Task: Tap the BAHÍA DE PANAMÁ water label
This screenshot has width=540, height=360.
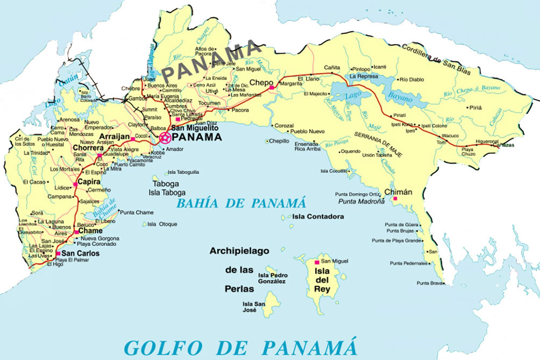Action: [241, 203]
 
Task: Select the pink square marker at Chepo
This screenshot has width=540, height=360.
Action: [272, 87]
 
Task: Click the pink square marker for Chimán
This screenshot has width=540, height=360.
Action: [395, 199]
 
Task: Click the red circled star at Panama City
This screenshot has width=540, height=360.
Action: [165, 137]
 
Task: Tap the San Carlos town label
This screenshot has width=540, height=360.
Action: [81, 253]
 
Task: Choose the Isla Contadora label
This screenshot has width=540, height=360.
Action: [318, 216]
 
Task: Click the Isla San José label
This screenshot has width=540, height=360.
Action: [254, 307]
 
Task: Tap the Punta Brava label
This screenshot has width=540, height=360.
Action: [429, 283]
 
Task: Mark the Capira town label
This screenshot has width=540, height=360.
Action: [89, 182]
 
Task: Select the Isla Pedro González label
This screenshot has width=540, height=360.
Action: [272, 278]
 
